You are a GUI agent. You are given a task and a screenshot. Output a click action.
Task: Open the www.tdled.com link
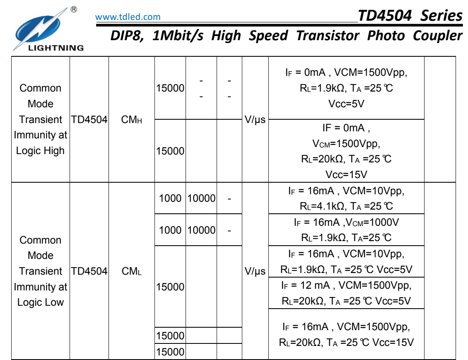pos(128,17)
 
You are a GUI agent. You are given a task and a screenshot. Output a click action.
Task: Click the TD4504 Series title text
pos(410,15)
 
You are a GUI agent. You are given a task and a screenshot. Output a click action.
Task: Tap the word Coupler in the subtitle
pos(437,36)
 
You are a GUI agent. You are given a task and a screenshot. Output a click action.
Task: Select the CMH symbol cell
pos(132,120)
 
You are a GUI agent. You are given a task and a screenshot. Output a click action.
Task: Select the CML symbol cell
pos(132,271)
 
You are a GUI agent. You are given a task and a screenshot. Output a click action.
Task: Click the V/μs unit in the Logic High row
pos(255,120)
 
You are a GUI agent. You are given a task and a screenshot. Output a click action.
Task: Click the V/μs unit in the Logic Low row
pos(255,271)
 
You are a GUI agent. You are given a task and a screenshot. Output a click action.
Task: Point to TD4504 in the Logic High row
pos(89,120)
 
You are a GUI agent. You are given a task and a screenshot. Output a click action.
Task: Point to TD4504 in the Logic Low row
pos(89,271)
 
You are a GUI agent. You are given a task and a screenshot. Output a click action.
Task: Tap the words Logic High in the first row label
pos(40,151)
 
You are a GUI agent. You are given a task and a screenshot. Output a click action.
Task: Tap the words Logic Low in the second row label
pos(40,302)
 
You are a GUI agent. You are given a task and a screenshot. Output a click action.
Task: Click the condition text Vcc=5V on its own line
pos(346,104)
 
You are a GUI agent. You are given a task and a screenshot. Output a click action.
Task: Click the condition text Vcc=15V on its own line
pos(346,174)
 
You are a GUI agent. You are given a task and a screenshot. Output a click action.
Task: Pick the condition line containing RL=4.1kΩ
pos(346,206)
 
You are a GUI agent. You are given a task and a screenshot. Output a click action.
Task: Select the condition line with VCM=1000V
pos(346,222)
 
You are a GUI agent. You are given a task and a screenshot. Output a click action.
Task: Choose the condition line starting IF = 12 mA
pos(346,285)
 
